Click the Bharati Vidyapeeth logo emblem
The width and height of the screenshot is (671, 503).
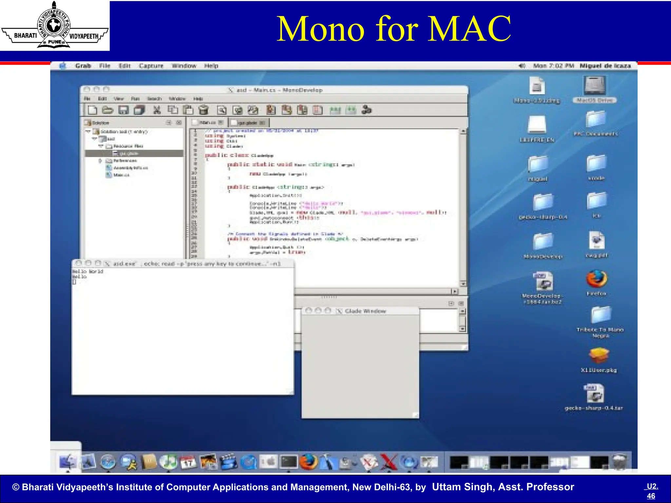[x=54, y=26]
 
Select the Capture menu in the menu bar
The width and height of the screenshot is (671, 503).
[x=151, y=66]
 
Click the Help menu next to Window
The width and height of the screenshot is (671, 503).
[x=211, y=66]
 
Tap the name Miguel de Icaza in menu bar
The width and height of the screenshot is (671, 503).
[x=605, y=66]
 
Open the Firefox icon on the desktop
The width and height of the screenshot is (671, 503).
[x=596, y=279]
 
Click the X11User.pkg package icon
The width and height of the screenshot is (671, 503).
[x=599, y=356]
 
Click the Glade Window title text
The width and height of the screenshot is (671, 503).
[x=365, y=311]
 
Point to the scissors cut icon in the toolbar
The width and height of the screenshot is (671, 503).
[x=157, y=110]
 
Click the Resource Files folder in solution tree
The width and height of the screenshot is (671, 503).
[x=128, y=146]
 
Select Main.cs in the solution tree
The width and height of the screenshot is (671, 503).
[x=121, y=175]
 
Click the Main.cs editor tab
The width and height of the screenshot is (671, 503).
[x=208, y=122]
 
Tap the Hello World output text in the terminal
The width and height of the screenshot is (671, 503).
[x=88, y=271]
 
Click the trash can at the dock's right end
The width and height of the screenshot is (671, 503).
[x=620, y=462]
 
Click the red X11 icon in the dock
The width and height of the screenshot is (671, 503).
[x=389, y=462]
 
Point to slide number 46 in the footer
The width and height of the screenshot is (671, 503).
[x=651, y=496]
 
